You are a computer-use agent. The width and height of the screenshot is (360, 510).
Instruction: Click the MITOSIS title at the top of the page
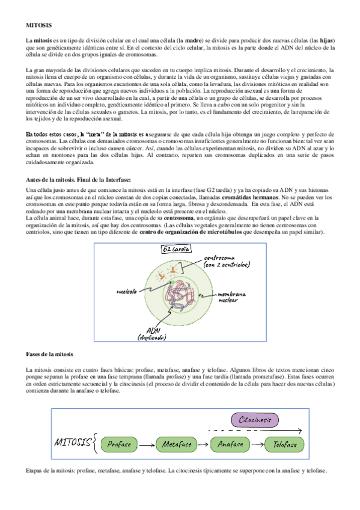(x=39, y=25)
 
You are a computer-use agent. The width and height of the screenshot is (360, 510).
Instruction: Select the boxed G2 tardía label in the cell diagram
(x=175, y=249)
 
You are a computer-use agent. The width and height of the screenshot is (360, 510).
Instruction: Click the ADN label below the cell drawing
(x=153, y=332)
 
